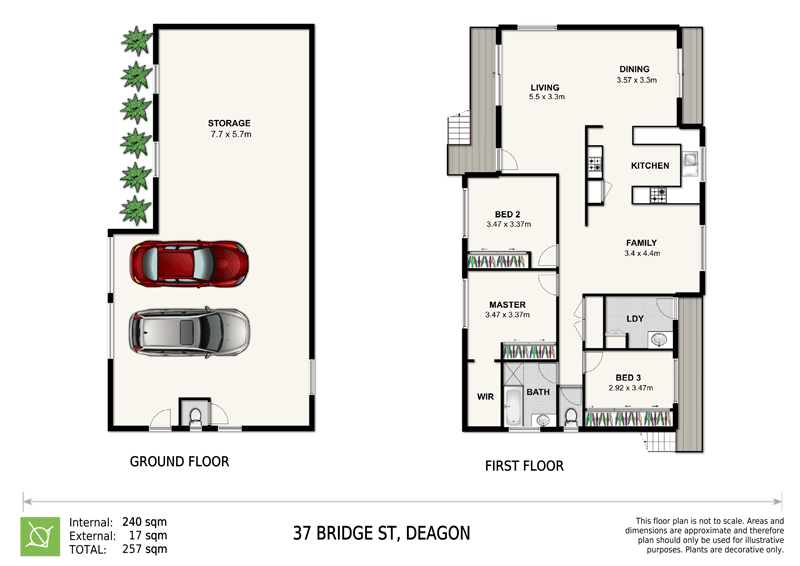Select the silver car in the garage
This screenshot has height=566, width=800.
[x=189, y=332]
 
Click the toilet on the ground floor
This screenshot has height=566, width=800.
[x=195, y=415]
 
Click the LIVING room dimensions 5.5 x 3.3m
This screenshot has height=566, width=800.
[x=547, y=98]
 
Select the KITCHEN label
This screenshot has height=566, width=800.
[x=650, y=165]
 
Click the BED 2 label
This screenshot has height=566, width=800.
[x=507, y=214]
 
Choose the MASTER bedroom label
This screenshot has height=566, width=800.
[x=507, y=304]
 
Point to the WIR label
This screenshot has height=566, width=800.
[x=486, y=396]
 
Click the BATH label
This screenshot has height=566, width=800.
[x=538, y=392]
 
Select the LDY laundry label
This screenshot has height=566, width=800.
[x=635, y=319]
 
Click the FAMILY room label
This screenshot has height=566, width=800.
[x=641, y=243]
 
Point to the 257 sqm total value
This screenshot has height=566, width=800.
[x=144, y=549]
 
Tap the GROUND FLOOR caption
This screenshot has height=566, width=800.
[x=179, y=462]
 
